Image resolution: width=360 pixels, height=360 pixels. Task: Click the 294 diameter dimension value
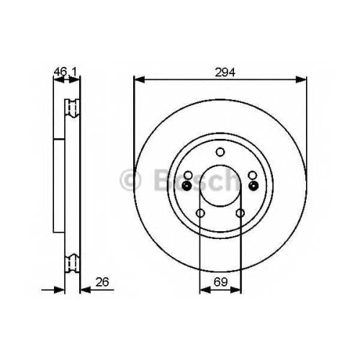[x=225, y=72]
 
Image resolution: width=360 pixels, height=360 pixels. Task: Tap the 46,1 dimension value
[x=65, y=71]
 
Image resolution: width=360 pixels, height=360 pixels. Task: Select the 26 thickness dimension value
[x=102, y=282]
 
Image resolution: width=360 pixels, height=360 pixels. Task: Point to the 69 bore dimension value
[x=220, y=282]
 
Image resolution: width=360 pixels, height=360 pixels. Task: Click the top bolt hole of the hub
[x=220, y=152]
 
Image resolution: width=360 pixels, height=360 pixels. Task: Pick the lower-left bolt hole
[x=200, y=213]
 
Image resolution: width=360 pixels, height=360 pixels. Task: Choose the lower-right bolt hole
[x=240, y=213]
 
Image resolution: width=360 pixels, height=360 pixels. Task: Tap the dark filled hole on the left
[x=186, y=185]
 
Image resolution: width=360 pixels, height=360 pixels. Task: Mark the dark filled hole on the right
[x=253, y=185]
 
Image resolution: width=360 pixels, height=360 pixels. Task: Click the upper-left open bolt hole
[x=188, y=175]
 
